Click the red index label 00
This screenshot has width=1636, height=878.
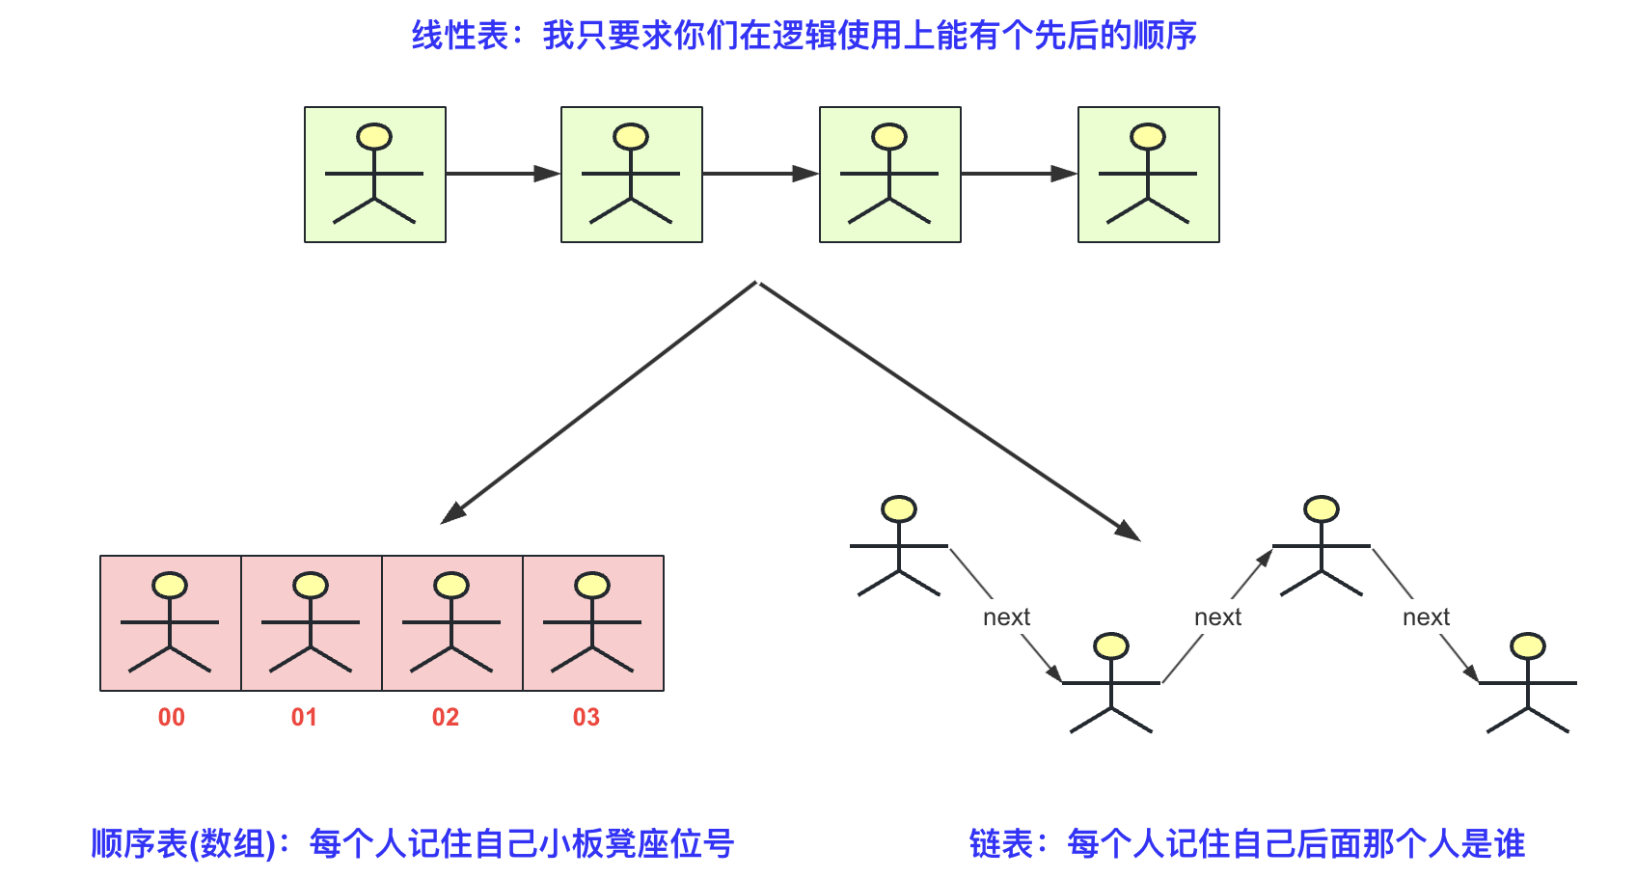point(172,717)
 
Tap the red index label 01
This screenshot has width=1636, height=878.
point(304,717)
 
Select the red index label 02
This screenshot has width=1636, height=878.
point(446,717)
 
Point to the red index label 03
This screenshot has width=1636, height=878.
point(586,717)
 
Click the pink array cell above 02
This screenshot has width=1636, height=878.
point(452,623)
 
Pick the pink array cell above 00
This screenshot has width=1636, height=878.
point(171,623)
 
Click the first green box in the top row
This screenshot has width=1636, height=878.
point(375,175)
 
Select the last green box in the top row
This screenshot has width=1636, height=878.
point(1149,175)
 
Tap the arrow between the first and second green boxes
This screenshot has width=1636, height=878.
point(503,174)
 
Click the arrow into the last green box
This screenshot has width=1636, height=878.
point(1019,174)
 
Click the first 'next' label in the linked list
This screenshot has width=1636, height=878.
point(1006,617)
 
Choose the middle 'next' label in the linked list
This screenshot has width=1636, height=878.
point(1217,617)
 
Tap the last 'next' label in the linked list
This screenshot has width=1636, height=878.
point(1426,617)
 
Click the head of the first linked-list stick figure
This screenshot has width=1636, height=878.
point(899,508)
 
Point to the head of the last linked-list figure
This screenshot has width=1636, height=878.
point(1528,645)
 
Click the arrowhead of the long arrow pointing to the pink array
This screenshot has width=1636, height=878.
point(451,513)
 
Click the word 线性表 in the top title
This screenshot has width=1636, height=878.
point(460,36)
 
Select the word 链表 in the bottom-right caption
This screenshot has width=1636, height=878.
point(1001,844)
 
